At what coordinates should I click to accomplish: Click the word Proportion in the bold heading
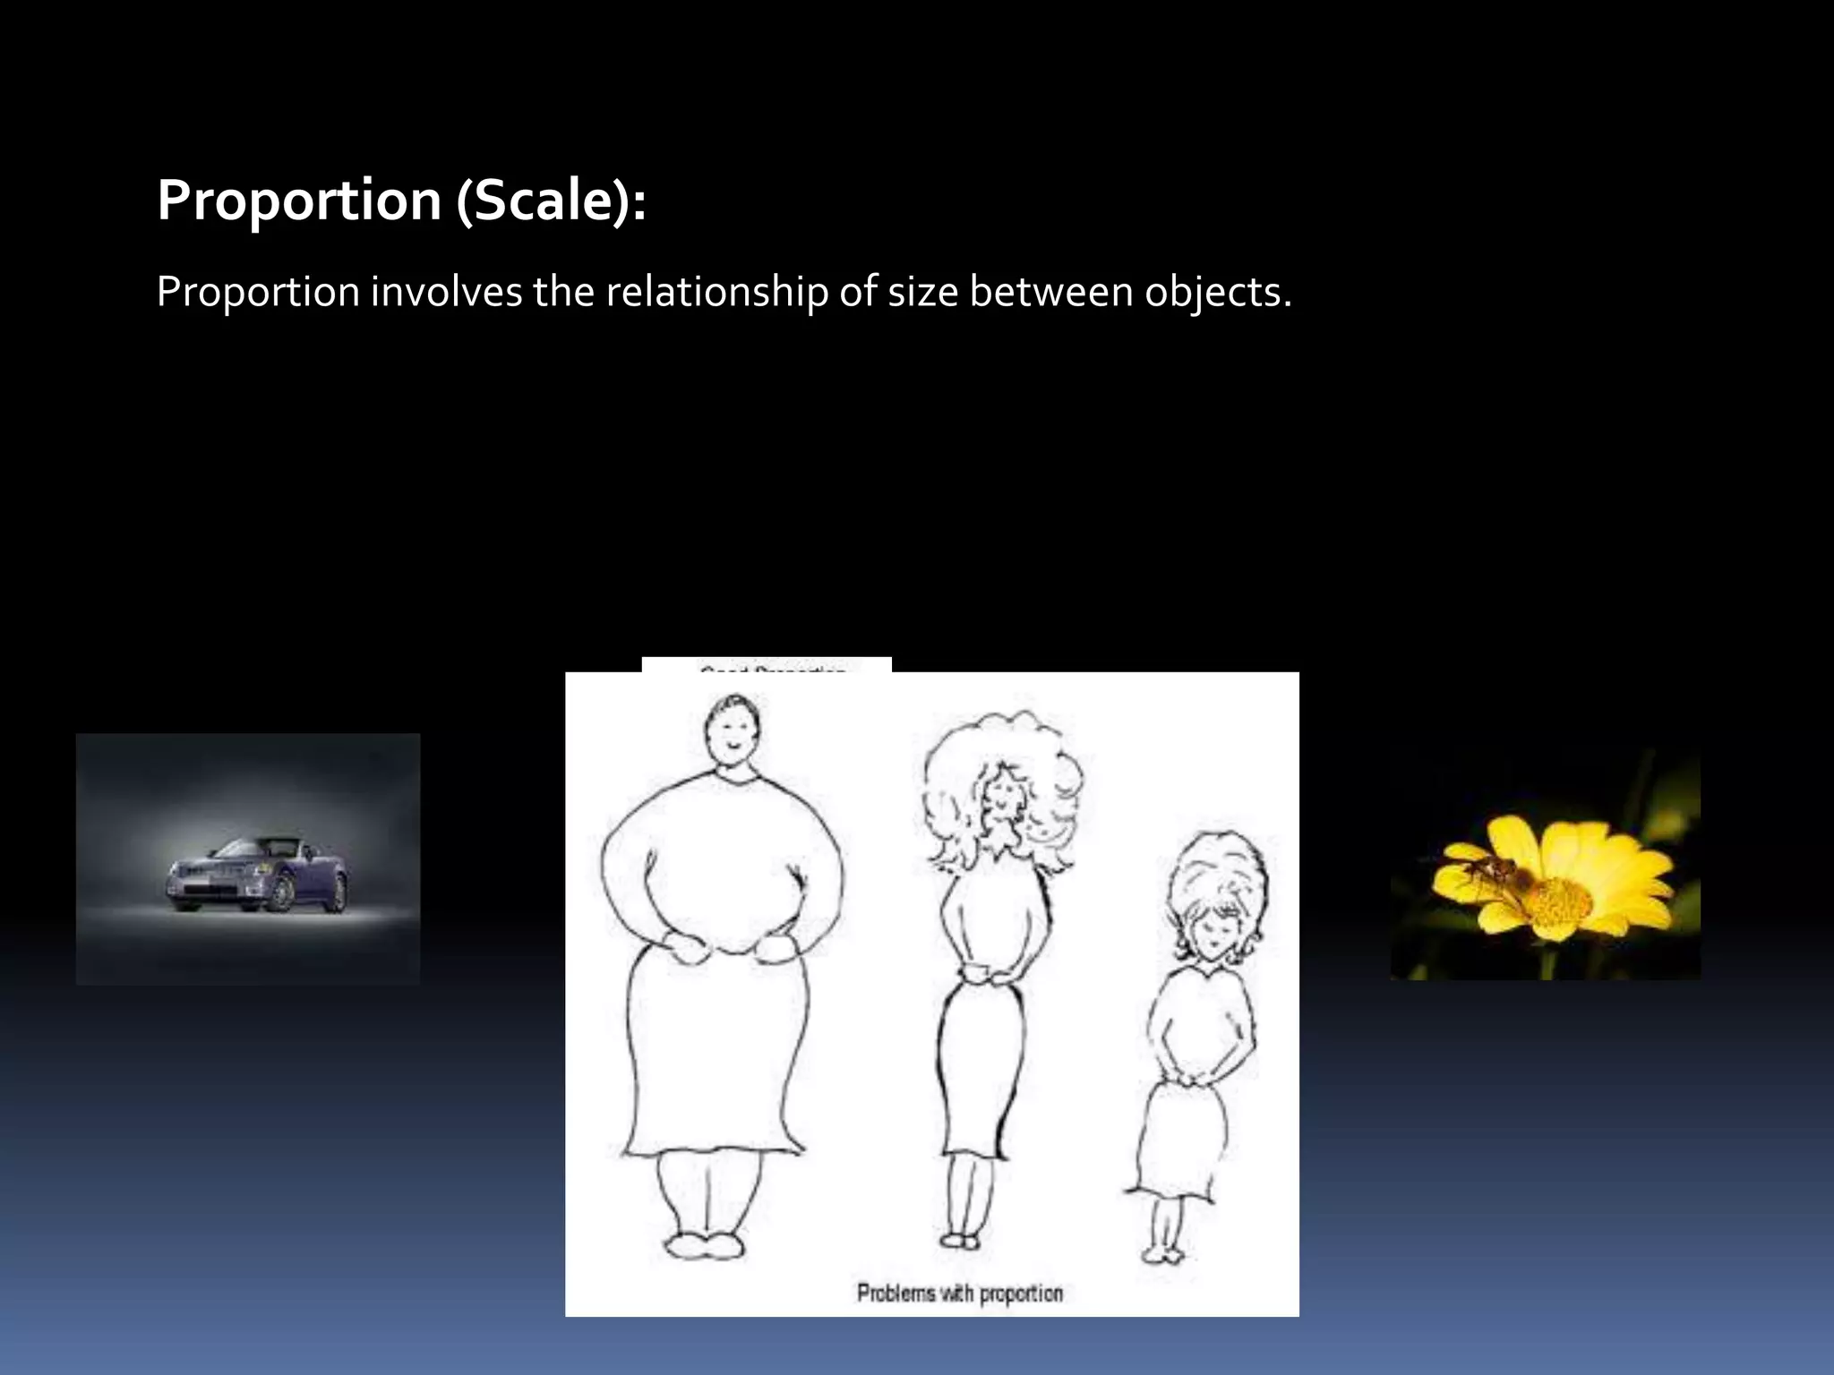299,200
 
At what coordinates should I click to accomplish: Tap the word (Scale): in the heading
551,200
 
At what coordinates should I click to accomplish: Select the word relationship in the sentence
717,292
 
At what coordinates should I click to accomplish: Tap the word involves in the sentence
446,292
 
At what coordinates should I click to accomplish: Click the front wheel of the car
282,893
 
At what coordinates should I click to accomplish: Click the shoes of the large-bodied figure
704,1246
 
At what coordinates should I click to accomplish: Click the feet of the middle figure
959,1240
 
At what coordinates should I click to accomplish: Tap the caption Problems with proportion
959,1294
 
